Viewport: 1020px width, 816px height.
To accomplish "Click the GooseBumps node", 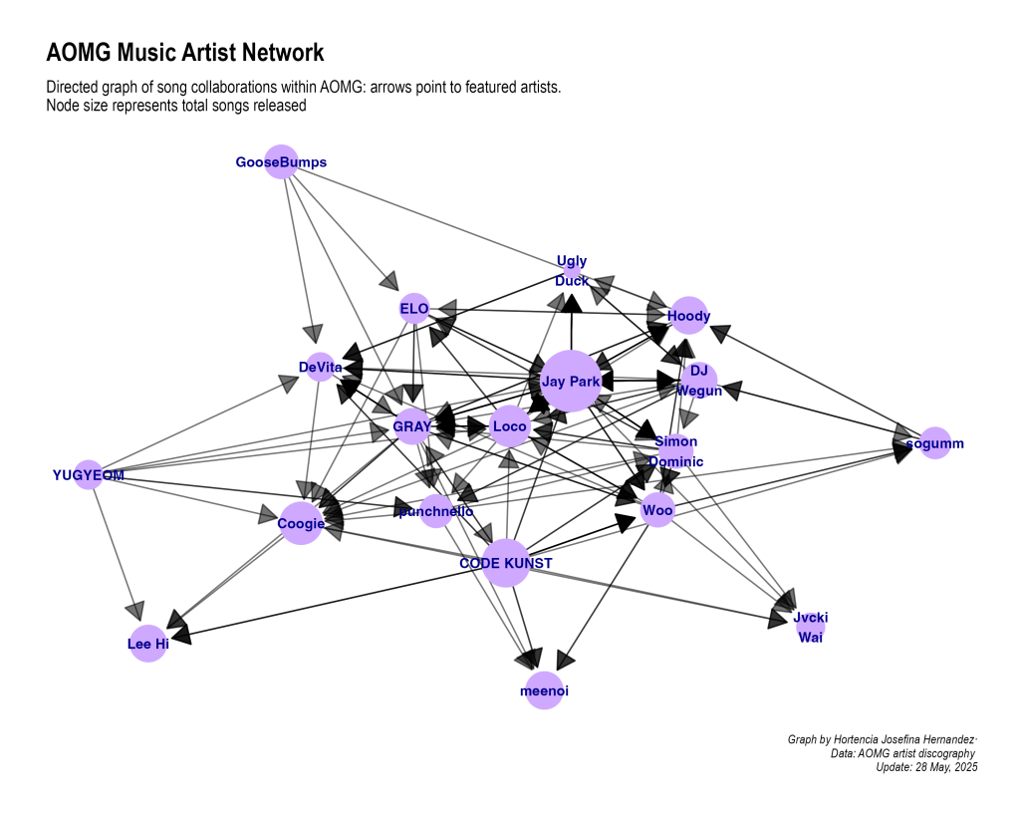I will [x=282, y=161].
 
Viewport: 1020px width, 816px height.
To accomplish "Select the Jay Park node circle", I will [x=570, y=381].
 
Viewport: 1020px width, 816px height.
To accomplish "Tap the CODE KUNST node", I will [x=505, y=563].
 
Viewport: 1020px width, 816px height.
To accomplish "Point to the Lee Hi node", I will [x=147, y=644].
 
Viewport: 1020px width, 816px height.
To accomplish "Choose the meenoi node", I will [x=544, y=690].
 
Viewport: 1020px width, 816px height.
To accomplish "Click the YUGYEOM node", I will [x=89, y=475].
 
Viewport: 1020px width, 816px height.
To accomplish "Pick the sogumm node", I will [x=934, y=442].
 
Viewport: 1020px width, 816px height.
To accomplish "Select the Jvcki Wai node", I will [x=810, y=628].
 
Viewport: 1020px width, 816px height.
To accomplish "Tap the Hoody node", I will [x=688, y=316].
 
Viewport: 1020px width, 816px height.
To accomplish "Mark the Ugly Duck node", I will [x=572, y=270].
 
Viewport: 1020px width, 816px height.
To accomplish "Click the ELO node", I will [x=413, y=309].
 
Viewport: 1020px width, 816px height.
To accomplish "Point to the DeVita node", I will [x=320, y=368].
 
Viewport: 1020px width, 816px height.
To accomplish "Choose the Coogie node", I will [x=301, y=523].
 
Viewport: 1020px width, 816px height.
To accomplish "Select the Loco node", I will [x=509, y=426].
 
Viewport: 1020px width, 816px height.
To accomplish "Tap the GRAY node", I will [x=412, y=427].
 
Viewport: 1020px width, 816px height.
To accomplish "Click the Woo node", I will [x=657, y=511].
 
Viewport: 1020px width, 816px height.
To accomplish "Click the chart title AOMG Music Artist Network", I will [x=185, y=53].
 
